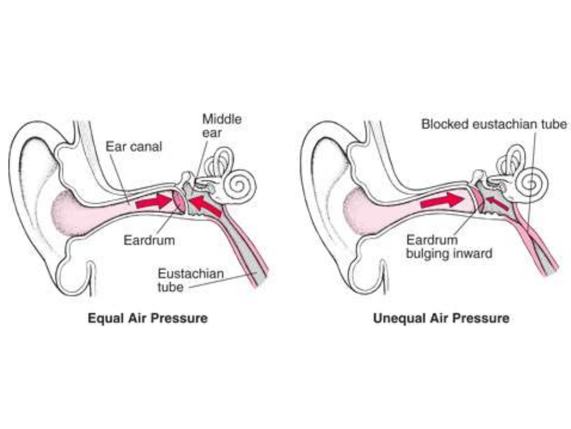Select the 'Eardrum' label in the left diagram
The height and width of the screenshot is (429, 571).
[x=149, y=241]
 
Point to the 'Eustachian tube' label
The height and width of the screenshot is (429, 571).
[x=191, y=280]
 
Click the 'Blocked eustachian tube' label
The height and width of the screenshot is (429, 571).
[x=494, y=123]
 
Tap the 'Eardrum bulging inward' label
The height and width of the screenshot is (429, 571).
[x=449, y=247]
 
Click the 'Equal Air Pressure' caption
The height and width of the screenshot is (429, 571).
[x=148, y=318]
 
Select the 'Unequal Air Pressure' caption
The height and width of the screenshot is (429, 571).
[x=441, y=318]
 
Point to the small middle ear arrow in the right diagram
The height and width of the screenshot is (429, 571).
[x=499, y=202]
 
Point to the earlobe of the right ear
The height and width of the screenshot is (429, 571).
[x=367, y=277]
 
